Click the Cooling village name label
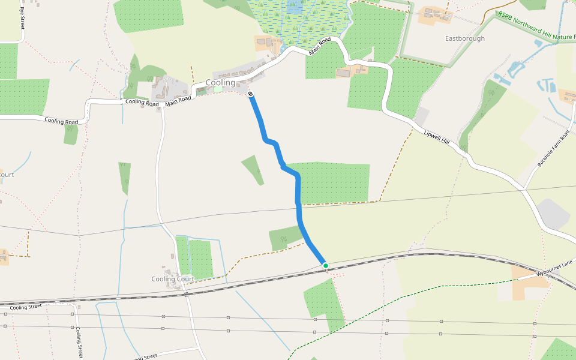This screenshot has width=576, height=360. point(220,83)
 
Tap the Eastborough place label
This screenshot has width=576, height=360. point(465,38)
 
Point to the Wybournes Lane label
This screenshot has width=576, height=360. point(555,268)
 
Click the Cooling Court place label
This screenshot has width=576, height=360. point(172,279)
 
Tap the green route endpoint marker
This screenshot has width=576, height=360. point(325,265)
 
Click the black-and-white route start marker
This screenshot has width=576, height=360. point(250,94)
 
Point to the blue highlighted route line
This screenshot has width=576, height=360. point(298,198)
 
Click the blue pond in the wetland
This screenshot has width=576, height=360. point(294,8)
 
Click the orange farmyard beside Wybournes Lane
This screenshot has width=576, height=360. point(527,284)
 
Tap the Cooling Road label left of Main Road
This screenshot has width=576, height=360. point(142,102)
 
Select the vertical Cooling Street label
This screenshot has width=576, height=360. point(79,343)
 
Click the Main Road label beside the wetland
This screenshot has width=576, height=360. point(320,46)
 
